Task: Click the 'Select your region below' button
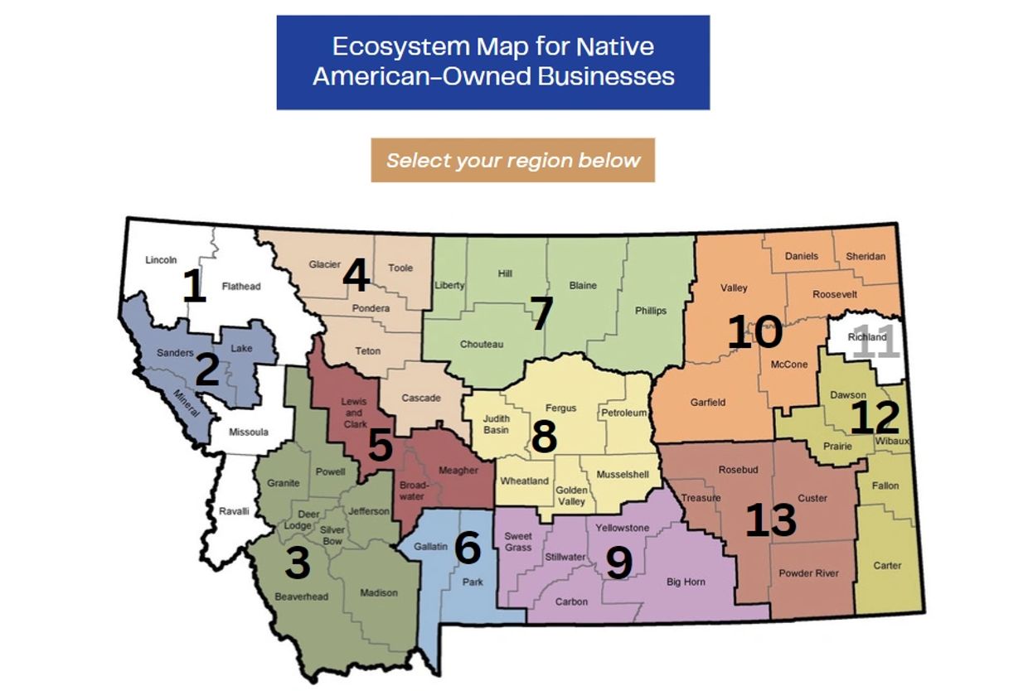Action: pyautogui.click(x=512, y=160)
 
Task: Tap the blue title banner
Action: pyautogui.click(x=493, y=62)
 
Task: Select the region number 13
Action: pyautogui.click(x=770, y=520)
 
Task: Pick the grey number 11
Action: pyautogui.click(x=875, y=343)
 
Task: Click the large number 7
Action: pyautogui.click(x=541, y=314)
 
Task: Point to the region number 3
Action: pyautogui.click(x=297, y=563)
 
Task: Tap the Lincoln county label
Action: pyautogui.click(x=161, y=260)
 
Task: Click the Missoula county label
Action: pyautogui.click(x=248, y=432)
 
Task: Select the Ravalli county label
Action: pyautogui.click(x=234, y=511)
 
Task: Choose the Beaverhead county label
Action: pyautogui.click(x=301, y=597)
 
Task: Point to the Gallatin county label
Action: pyautogui.click(x=430, y=547)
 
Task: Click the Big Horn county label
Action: pyautogui.click(x=686, y=582)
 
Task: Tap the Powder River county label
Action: pyautogui.click(x=808, y=573)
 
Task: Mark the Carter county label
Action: pyautogui.click(x=887, y=566)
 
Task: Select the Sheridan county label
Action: pyautogui.click(x=866, y=257)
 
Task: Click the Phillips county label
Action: pyautogui.click(x=651, y=311)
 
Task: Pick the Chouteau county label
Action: pyautogui.click(x=482, y=345)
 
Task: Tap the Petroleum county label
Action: pyautogui.click(x=623, y=413)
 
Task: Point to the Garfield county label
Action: pyautogui.click(x=708, y=403)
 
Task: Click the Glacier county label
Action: pyautogui.click(x=324, y=265)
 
